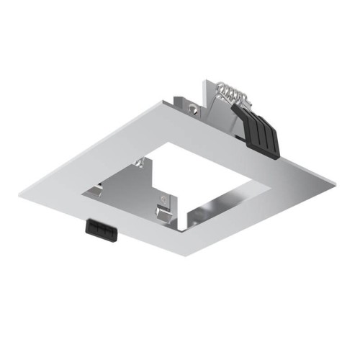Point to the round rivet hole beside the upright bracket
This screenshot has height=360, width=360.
(x=194, y=109)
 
